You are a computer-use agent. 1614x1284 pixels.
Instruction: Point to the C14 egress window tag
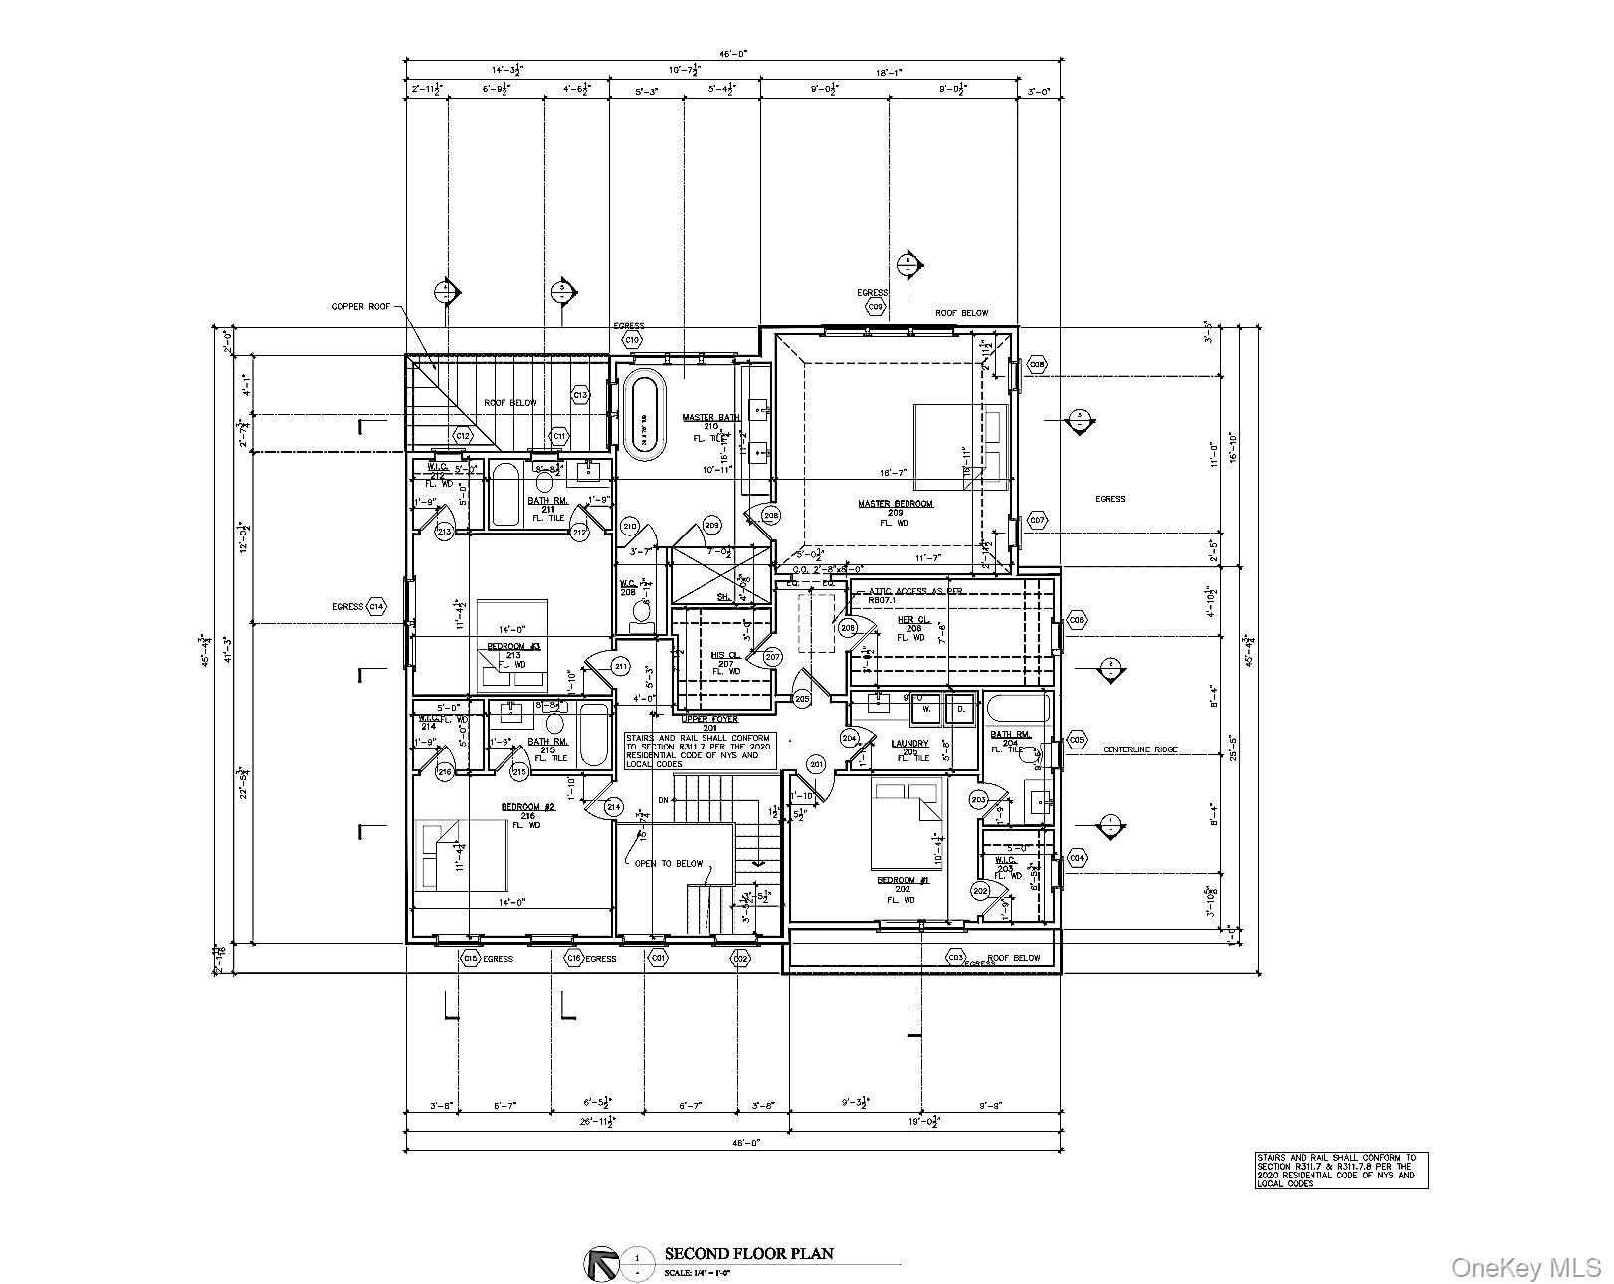[375, 606]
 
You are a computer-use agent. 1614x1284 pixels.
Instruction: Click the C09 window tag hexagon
[875, 307]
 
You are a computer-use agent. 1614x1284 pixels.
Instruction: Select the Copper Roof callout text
[361, 307]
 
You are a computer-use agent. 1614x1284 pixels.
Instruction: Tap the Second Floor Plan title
[749, 1254]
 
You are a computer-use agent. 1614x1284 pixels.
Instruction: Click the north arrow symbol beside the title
[600, 1263]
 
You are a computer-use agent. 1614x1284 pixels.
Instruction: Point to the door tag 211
[621, 665]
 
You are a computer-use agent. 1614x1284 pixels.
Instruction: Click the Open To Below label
[668, 863]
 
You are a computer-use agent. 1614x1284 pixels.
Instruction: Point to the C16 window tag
[573, 958]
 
